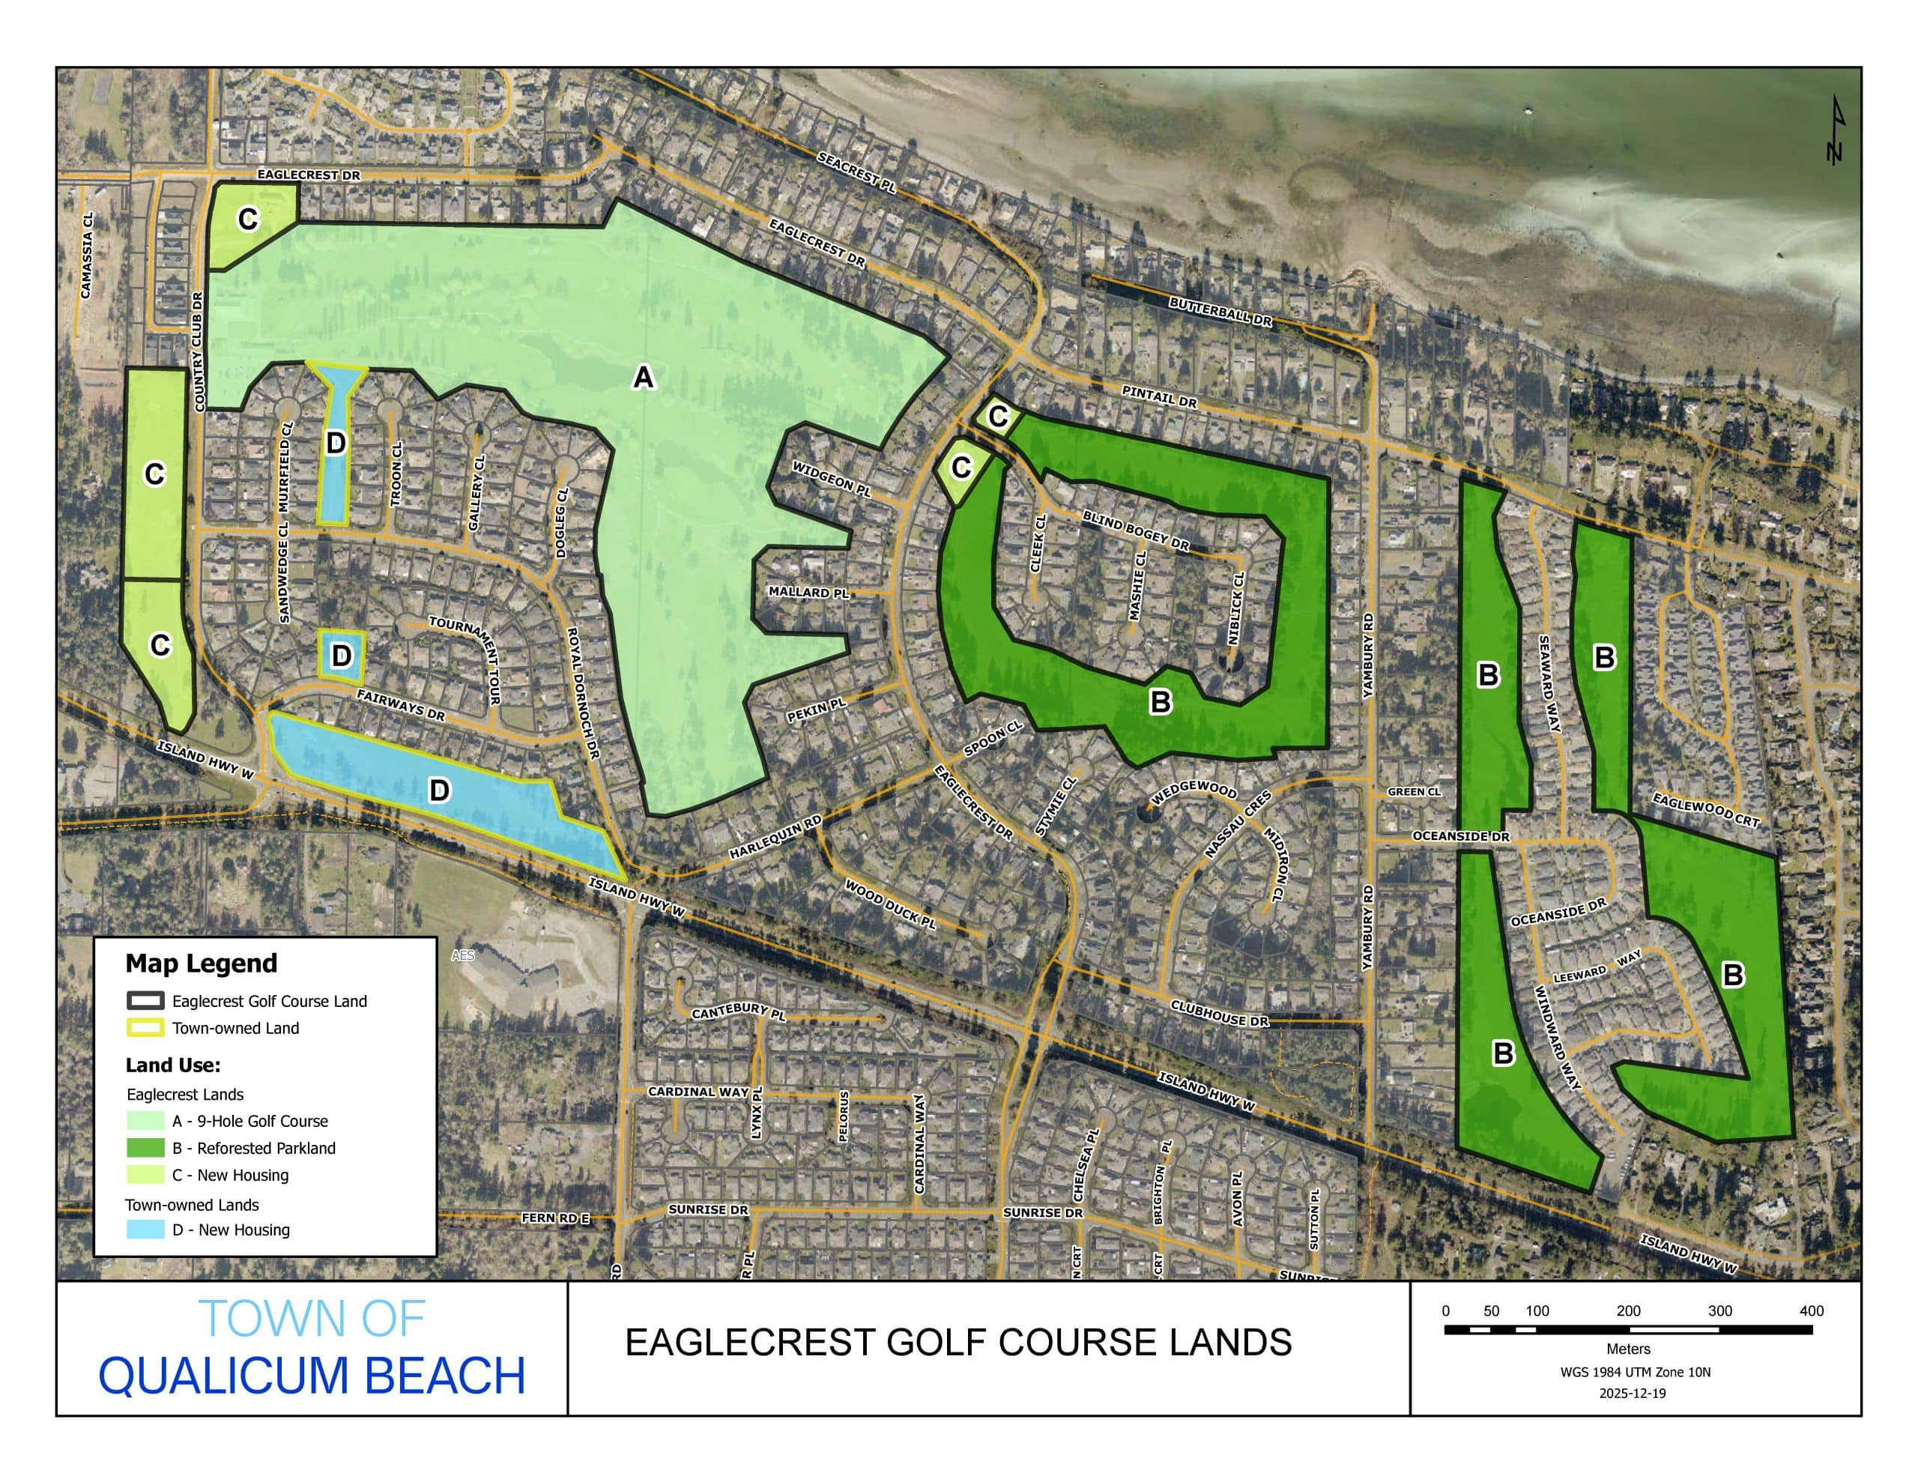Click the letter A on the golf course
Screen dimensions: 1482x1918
(644, 378)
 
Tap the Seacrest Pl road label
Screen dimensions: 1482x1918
(856, 172)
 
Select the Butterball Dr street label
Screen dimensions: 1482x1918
(1220, 312)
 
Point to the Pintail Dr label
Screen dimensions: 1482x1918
(1159, 397)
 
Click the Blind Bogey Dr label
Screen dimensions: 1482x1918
(1136, 530)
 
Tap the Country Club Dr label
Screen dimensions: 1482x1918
(199, 351)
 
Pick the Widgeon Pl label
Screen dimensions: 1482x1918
(832, 479)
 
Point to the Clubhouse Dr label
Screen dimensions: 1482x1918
(1220, 1013)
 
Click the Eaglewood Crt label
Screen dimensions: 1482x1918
(1705, 810)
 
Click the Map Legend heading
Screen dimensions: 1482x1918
(201, 964)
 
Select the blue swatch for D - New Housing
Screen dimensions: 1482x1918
(145, 1229)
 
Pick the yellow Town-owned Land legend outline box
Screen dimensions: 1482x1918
(145, 1028)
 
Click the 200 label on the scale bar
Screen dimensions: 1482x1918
(1628, 1310)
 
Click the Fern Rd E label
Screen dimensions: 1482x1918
(555, 1218)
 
